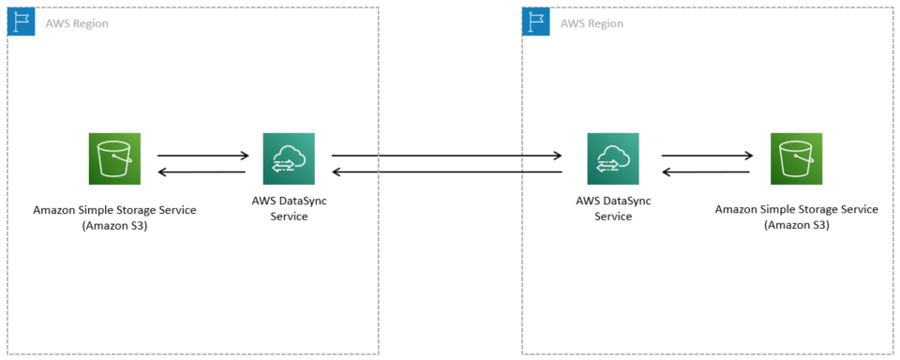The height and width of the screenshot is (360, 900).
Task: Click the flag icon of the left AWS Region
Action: click(x=21, y=22)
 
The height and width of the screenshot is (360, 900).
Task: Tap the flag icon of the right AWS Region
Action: click(x=535, y=22)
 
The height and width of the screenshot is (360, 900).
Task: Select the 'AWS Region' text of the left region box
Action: click(x=77, y=22)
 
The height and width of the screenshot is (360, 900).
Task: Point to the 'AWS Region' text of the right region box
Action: click(x=592, y=22)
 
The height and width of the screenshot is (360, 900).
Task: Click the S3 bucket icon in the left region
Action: click(x=114, y=157)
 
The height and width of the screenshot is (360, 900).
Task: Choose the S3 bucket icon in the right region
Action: click(x=796, y=157)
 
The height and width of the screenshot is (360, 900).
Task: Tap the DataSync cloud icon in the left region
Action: click(x=289, y=157)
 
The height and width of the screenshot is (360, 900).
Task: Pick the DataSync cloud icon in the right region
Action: click(x=613, y=157)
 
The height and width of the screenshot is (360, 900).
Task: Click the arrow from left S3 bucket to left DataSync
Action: click(x=202, y=156)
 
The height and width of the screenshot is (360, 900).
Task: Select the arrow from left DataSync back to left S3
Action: click(x=202, y=172)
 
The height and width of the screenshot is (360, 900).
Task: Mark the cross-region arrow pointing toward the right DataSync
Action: click(x=446, y=156)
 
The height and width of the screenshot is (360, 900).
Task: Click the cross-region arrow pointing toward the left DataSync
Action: click(x=446, y=172)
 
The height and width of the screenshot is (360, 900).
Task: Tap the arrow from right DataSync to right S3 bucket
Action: click(x=707, y=156)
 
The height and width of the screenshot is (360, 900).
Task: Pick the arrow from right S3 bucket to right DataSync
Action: click(x=707, y=172)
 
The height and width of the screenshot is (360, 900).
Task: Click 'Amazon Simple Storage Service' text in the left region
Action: click(x=114, y=210)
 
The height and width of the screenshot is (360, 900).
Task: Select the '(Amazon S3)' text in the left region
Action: click(x=114, y=226)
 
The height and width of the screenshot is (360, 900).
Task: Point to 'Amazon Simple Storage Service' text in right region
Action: click(x=796, y=209)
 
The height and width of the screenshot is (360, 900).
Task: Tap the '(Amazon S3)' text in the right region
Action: click(x=796, y=225)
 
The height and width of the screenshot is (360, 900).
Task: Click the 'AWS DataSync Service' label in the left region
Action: click(x=289, y=208)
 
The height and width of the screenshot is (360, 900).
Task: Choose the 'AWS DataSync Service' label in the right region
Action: click(x=613, y=208)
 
